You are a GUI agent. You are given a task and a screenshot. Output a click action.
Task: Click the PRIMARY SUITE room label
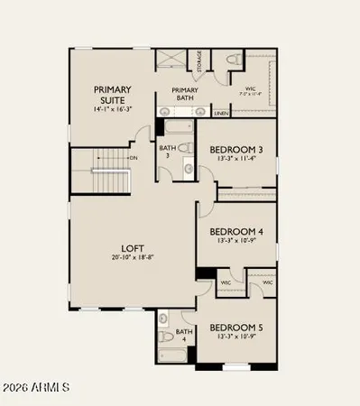coord(113,95)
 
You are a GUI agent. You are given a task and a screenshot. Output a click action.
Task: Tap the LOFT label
coord(134,247)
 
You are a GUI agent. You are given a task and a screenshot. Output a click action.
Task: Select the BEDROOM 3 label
coord(235,150)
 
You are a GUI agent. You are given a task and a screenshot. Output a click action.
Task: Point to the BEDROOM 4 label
coord(235,232)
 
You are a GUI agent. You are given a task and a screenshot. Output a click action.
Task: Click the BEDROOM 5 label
coord(235,328)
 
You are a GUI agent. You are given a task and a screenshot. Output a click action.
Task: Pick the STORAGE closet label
coord(199,61)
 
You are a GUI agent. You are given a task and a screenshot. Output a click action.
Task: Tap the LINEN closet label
coord(220,114)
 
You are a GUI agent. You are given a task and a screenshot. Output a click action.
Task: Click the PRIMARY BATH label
coord(184,95)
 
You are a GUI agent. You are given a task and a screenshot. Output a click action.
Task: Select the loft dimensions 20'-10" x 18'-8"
coord(134,257)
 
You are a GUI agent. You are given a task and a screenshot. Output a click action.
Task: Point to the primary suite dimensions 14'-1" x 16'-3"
coord(113,109)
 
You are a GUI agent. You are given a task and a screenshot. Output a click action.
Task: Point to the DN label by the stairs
coord(132,158)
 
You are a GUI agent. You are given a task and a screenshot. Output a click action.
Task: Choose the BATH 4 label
coord(184,336)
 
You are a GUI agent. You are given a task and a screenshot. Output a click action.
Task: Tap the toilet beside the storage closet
coord(232,60)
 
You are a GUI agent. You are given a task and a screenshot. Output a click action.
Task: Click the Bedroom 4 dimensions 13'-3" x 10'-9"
coord(235,242)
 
